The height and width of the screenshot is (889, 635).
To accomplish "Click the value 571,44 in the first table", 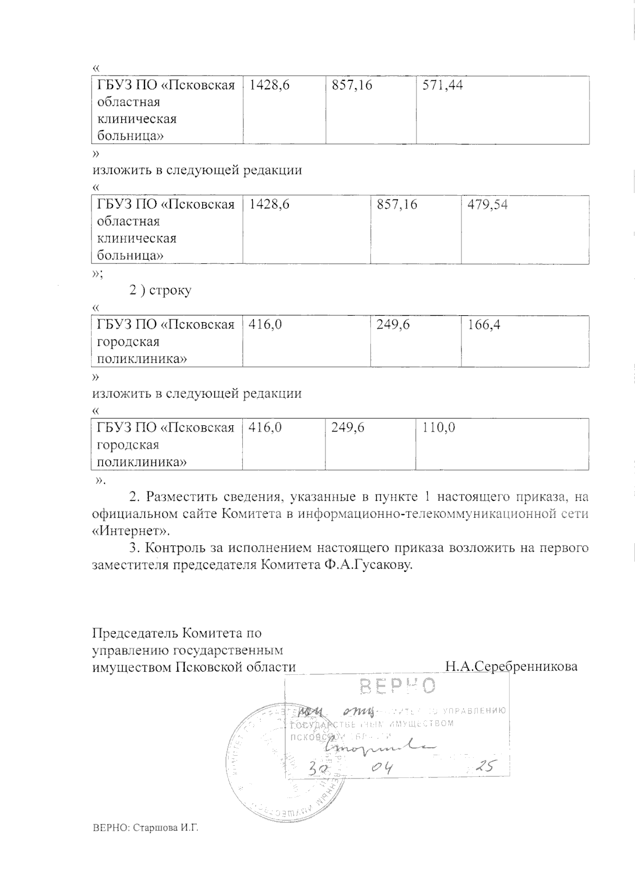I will coord(442,85).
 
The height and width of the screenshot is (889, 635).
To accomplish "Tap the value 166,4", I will coord(484,324).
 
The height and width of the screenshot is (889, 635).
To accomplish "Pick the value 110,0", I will coord(439,427).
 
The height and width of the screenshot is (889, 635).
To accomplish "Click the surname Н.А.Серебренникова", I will coord(511,666).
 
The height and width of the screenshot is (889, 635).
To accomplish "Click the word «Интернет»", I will coord(131,530).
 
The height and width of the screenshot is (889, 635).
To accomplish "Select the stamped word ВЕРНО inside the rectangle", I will coord(398,686).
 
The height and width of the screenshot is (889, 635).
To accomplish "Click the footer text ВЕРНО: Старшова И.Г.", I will coord(145,842).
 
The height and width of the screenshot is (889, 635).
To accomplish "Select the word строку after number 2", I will coord(170,290).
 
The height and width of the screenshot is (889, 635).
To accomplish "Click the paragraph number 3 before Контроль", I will coord(132,548).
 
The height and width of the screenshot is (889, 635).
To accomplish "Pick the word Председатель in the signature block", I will coord(135,633).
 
